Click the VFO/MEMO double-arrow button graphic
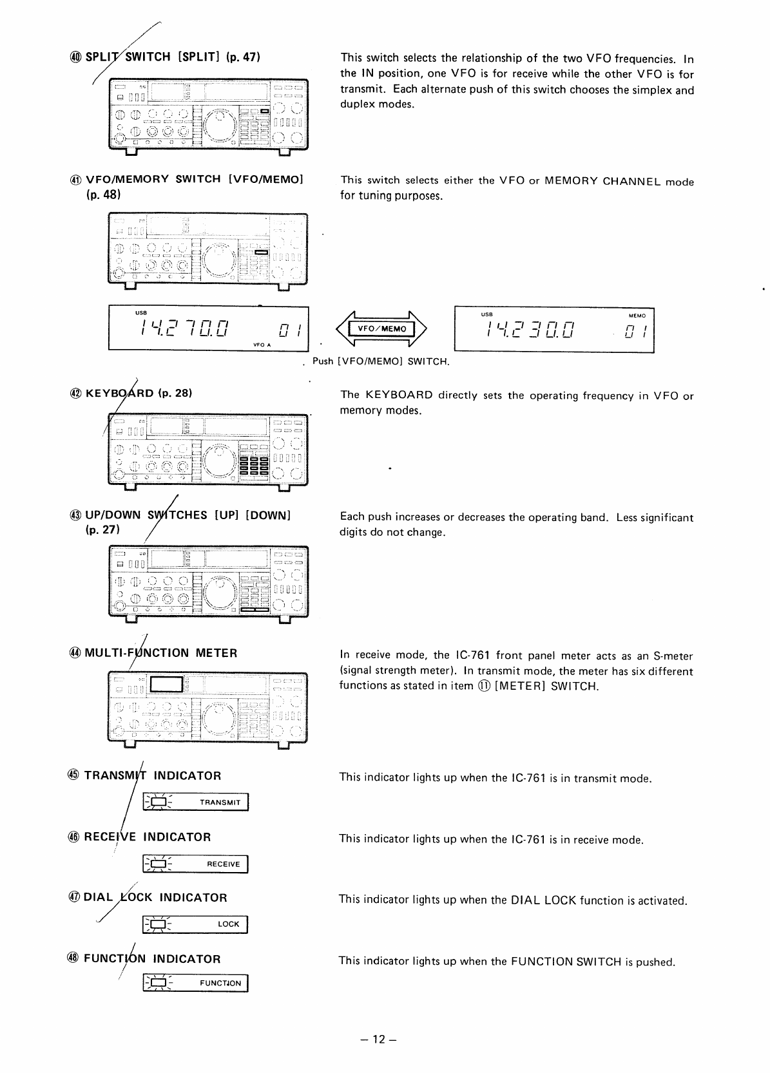pyautogui.click(x=382, y=329)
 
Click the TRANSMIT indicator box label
pyautogui.click(x=220, y=802)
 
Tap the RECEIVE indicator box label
pyautogui.click(x=223, y=864)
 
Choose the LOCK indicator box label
pyautogui.click(x=228, y=924)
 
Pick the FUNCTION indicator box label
pyautogui.click(x=220, y=983)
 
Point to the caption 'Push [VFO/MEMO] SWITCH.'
pyautogui.click(x=380, y=361)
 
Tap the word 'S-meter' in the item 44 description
pyautogui.click(x=673, y=656)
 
